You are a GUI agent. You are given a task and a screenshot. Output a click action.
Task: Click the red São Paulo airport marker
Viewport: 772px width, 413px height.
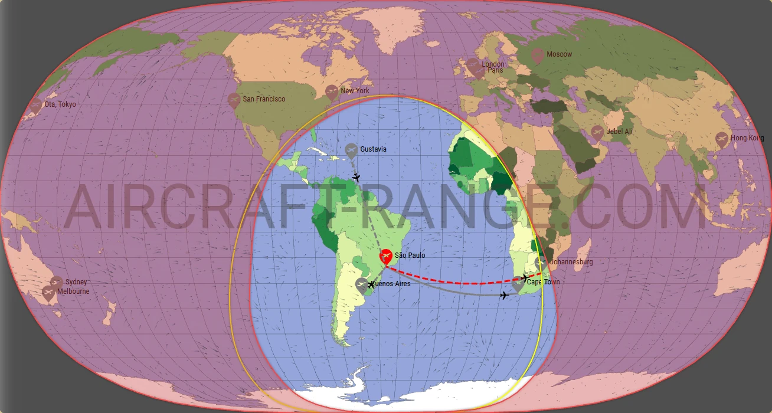click(x=386, y=257)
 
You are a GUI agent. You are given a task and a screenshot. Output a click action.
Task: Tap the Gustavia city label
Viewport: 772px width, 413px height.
click(x=373, y=149)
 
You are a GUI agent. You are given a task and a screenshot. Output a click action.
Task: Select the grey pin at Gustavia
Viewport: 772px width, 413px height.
click(x=352, y=150)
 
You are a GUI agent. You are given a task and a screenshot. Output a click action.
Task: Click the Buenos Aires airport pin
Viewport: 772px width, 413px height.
click(x=362, y=285)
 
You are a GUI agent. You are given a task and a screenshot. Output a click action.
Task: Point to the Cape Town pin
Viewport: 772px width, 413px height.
click(x=518, y=284)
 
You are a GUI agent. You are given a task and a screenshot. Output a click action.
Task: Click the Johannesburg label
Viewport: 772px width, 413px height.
click(x=571, y=262)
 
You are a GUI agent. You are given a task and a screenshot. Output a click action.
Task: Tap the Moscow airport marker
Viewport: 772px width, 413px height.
click(x=537, y=55)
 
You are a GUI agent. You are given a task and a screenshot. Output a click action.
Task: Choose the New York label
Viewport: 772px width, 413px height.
click(x=355, y=91)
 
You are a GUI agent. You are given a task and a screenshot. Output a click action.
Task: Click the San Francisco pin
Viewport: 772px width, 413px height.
click(x=234, y=100)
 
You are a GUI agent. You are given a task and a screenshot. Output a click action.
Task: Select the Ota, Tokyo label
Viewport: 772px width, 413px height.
click(x=60, y=104)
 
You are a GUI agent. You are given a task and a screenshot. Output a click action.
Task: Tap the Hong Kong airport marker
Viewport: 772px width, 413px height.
click(x=721, y=139)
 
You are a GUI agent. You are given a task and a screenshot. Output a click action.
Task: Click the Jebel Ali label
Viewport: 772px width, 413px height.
click(x=620, y=132)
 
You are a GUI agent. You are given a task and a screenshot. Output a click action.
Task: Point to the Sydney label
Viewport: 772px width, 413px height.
click(x=76, y=282)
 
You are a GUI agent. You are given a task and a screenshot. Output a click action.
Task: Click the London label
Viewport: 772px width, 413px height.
click(x=493, y=64)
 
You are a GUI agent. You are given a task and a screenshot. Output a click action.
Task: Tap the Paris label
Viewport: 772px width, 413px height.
click(x=495, y=70)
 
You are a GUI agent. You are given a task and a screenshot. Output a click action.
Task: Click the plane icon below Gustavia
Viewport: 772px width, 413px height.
click(x=356, y=177)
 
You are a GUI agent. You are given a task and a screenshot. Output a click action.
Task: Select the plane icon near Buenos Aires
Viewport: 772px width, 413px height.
click(x=371, y=285)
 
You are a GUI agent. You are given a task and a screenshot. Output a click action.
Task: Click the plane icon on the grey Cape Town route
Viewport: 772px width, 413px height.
click(x=504, y=295)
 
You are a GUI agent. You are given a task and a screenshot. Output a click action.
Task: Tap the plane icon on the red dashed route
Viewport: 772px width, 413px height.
click(x=525, y=277)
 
